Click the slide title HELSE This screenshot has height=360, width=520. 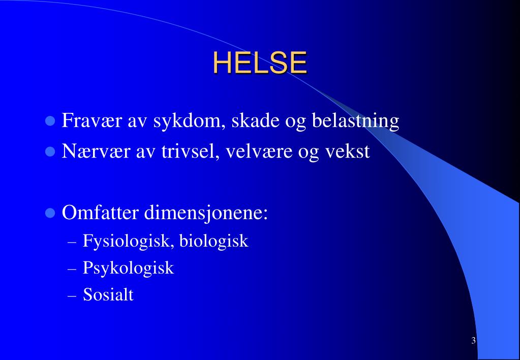click(x=260, y=63)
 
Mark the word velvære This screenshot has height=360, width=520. click(x=262, y=152)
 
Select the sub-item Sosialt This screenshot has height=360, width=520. click(x=108, y=295)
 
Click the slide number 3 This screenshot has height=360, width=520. click(x=473, y=341)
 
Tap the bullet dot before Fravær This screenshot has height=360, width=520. click(x=50, y=122)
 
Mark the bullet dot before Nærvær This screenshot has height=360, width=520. click(x=50, y=152)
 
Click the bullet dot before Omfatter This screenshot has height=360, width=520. click(x=50, y=213)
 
